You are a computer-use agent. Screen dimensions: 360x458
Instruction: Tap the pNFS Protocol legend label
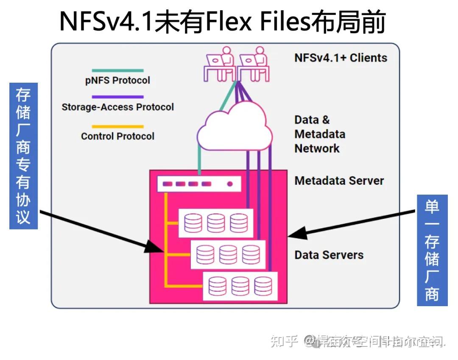(117, 80)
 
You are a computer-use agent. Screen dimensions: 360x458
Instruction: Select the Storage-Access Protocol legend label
(117, 107)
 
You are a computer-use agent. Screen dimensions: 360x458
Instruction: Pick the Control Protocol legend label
(117, 136)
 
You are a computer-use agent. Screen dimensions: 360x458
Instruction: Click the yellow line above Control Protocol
(117, 126)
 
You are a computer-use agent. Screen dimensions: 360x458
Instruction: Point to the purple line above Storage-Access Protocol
(117, 97)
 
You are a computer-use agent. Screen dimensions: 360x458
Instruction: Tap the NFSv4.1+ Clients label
(341, 58)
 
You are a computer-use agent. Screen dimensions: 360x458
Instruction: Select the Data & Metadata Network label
(320, 134)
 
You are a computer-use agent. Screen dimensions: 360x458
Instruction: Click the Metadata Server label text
(339, 181)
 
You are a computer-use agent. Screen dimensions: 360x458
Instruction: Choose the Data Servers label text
(329, 255)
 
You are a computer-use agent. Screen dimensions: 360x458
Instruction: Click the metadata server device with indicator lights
(199, 184)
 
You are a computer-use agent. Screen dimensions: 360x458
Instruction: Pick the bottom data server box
(240, 285)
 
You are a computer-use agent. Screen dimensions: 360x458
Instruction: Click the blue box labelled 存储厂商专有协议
(23, 156)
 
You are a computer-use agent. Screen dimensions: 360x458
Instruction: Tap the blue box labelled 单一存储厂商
(432, 250)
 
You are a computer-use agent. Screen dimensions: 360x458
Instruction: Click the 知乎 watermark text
(284, 341)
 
